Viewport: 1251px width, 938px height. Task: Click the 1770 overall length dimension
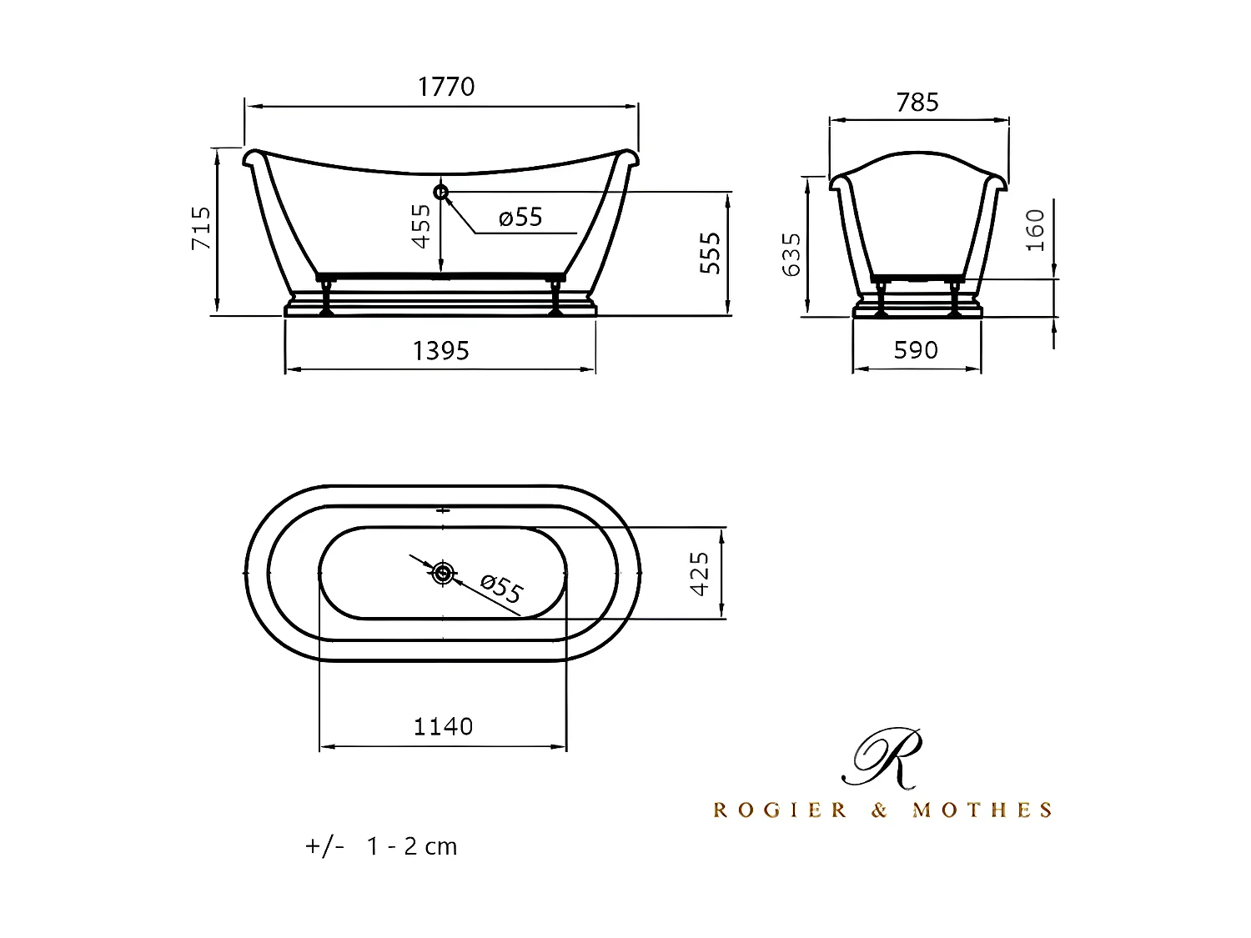[446, 87]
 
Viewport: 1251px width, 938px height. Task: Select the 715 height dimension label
[201, 228]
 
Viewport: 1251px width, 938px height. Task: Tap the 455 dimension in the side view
[422, 226]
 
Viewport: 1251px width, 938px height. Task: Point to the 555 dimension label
[710, 253]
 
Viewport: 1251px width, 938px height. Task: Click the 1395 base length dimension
[440, 351]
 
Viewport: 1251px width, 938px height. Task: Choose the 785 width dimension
[917, 103]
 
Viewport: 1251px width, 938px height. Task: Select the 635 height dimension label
[791, 254]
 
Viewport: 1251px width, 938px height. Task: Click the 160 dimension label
[1034, 230]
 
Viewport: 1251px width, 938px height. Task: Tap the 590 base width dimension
[916, 350]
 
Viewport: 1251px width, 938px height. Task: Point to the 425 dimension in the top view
[700, 573]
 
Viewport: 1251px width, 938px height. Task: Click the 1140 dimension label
[443, 727]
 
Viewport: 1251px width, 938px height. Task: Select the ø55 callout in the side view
[520, 218]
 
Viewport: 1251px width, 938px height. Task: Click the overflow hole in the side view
[441, 193]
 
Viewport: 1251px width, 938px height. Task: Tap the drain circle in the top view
[443, 573]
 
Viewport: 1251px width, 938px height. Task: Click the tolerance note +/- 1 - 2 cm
[381, 846]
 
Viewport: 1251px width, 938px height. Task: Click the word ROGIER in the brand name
[781, 810]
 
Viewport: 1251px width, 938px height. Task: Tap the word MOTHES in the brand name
[982, 810]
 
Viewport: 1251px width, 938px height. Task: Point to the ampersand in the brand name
[880, 810]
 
